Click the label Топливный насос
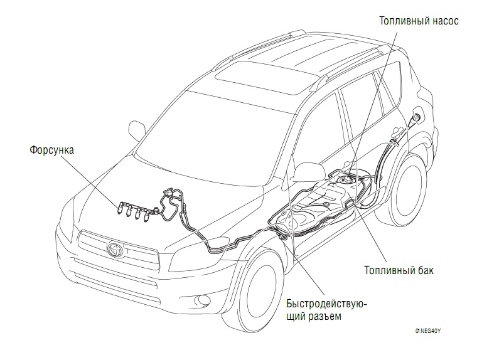pyautogui.click(x=419, y=21)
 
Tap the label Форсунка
pyautogui.click(x=52, y=151)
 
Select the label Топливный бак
pyautogui.click(x=398, y=271)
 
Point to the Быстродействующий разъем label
pyautogui.click(x=326, y=310)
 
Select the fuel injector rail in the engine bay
pyautogui.click(x=133, y=209)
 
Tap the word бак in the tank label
pyautogui.click(x=425, y=271)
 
